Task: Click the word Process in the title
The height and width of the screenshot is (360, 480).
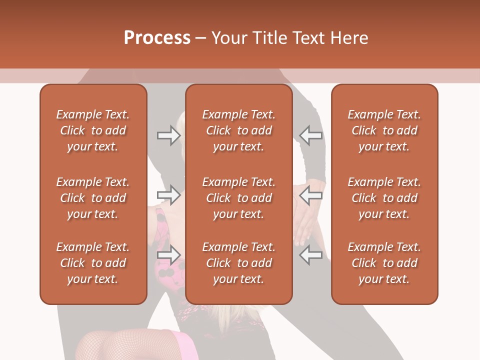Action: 157,38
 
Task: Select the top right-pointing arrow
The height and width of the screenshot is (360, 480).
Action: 169,135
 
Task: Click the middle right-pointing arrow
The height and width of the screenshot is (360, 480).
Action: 169,194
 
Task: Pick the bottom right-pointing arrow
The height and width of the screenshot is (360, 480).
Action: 169,255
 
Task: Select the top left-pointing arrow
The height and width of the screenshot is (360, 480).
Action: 310,135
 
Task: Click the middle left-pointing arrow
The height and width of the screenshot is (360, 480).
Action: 310,194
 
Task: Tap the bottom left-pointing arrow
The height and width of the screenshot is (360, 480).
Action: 310,255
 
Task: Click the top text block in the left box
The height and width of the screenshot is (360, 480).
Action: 93,130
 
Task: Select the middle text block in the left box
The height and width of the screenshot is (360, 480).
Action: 93,198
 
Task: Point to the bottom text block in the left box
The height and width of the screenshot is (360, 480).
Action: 93,263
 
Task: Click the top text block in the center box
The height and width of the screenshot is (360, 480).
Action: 238,130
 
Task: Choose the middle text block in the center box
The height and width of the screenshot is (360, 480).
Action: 238,198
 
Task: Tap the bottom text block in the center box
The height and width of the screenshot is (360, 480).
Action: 238,263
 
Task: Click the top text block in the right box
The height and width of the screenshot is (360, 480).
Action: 384,130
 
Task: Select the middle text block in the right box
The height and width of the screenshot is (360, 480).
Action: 384,198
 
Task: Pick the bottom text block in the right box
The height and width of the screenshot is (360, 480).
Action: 384,263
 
